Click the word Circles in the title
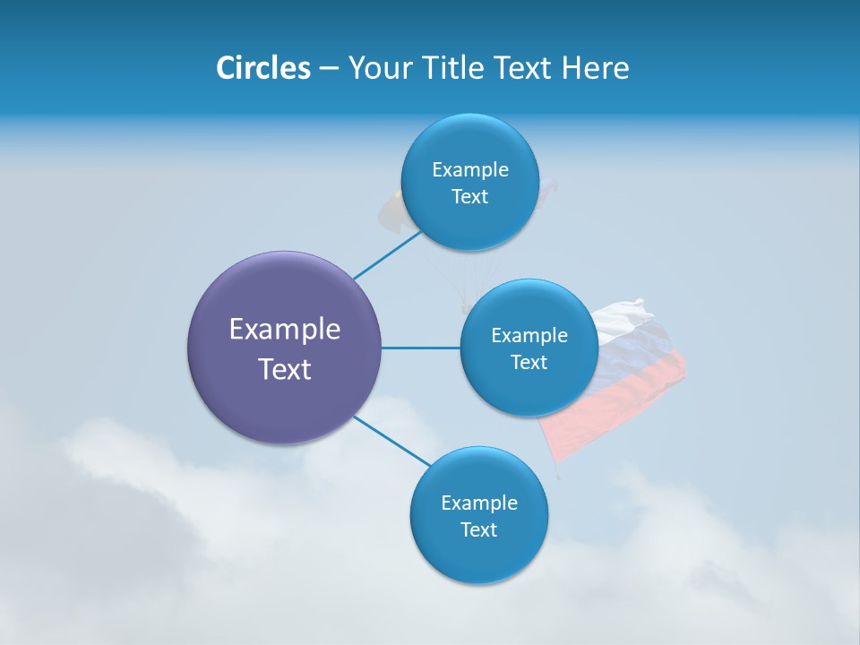pos(263,68)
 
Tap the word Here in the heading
pos(595,68)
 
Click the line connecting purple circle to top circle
pos(386,255)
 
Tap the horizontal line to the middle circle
pos(421,348)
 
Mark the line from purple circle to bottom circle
pos(392,442)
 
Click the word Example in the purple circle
pos(285,329)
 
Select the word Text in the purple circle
pos(285,369)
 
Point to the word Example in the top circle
pos(470,169)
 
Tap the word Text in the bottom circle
pos(479,529)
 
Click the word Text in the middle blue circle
pos(529,362)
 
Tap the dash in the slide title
pos(329,69)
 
